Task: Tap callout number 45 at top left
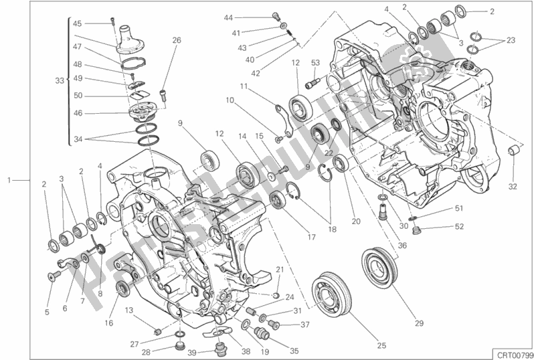click(78, 23)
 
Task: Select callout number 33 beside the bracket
click(60, 80)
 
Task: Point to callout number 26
click(177, 40)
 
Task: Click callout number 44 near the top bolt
click(229, 17)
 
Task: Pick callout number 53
click(316, 63)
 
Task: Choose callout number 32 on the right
click(512, 186)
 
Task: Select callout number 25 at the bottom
click(381, 345)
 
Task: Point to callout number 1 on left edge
click(9, 180)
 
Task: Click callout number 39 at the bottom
click(191, 353)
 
